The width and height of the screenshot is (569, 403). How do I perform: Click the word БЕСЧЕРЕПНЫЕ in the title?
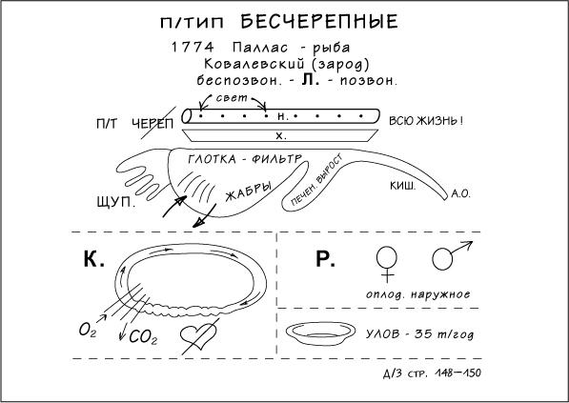pos(319,21)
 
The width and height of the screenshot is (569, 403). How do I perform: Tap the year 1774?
pos(193,47)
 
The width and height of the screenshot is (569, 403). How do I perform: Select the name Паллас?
pos(260,47)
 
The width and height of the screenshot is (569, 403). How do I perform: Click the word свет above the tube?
pos(232,98)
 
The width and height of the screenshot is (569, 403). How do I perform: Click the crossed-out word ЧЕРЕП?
pos(152,124)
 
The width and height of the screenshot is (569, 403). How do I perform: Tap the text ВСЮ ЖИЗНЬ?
pos(426,121)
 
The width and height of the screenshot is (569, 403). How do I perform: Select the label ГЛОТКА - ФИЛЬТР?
pos(245,159)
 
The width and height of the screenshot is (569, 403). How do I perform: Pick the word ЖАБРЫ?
pos(249,191)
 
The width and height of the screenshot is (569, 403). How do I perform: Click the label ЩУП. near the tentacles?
pos(116,202)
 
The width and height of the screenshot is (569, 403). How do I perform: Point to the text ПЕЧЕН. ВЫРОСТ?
pos(316,180)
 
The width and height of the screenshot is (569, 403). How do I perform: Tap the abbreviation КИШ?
pos(403,186)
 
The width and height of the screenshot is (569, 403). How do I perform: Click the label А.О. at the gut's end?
pos(461,194)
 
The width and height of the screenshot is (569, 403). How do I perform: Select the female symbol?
pos(387,265)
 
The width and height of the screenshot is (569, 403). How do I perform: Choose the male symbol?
pos(452,255)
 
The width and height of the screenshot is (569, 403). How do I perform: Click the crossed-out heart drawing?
pos(198,336)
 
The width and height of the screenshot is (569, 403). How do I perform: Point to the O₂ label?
pos(88,330)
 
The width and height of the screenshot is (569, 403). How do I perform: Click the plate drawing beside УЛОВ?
pos(320,333)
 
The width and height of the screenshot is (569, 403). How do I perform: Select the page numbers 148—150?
pos(457,373)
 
